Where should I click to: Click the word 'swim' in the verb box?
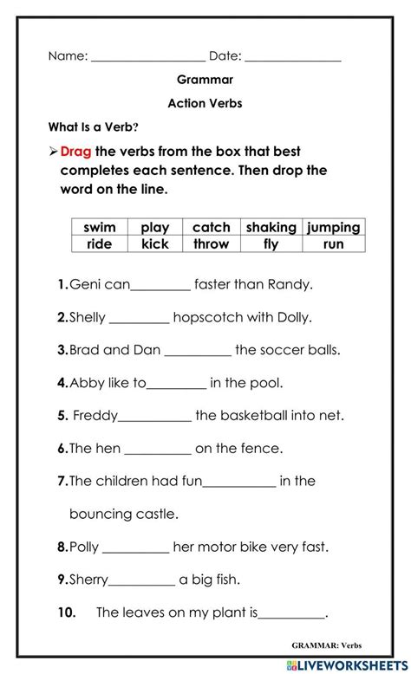tap(100, 227)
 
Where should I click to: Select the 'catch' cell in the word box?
tap(211, 227)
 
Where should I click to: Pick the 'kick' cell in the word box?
tap(155, 244)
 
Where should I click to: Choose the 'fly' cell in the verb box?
tap(271, 244)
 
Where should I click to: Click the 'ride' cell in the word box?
tap(100, 244)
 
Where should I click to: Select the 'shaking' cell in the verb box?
tap(271, 227)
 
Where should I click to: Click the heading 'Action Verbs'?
tap(205, 103)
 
